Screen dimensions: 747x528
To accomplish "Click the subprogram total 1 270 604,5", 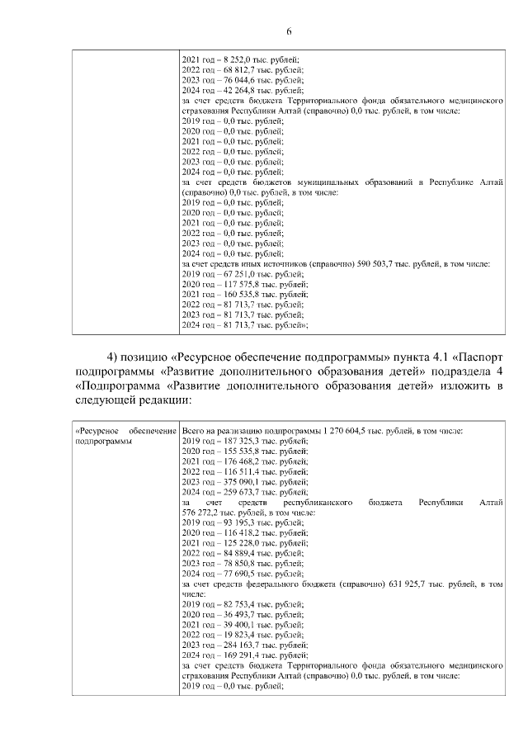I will (353, 432).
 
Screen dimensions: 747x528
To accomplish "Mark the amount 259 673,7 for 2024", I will (235, 492).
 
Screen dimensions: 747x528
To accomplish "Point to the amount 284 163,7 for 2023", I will (235, 645).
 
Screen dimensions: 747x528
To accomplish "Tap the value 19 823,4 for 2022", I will (233, 635).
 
